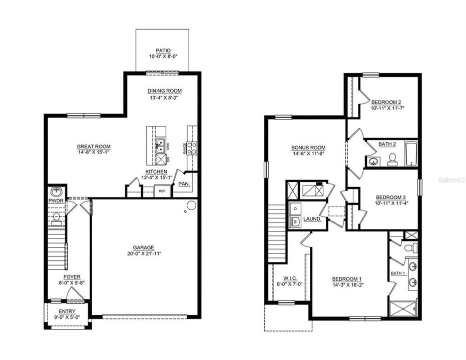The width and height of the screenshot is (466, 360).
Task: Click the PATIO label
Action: [x=163, y=50]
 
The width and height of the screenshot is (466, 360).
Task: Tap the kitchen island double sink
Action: [x=160, y=146]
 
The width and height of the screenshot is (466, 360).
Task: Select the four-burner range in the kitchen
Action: [x=192, y=147]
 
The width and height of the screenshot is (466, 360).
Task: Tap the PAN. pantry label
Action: [x=184, y=184]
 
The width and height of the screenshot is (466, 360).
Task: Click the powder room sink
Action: [x=57, y=191]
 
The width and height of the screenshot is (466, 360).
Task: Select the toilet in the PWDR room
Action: [x=57, y=217]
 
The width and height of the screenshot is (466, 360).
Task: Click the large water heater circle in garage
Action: [x=191, y=205]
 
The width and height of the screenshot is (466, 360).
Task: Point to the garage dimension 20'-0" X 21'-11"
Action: [x=144, y=253]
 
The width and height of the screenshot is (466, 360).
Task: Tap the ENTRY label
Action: [x=67, y=311]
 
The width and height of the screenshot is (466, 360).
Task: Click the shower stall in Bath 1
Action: [x=402, y=308]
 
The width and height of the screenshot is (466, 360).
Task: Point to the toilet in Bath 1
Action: [x=408, y=247]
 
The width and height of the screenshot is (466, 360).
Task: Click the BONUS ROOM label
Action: [x=309, y=147]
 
